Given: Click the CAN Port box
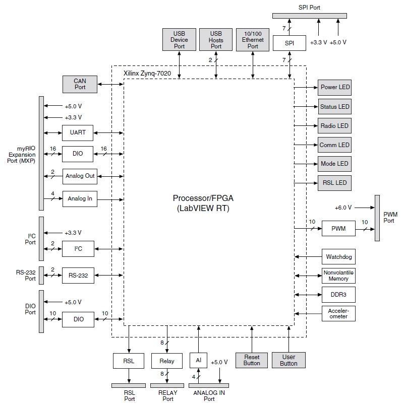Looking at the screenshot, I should point(80,84).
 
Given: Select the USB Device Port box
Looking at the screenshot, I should point(180,39).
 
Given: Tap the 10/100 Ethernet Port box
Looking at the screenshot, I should point(253,39).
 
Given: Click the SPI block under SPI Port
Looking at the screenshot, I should point(290,43).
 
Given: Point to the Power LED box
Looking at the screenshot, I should point(334,87).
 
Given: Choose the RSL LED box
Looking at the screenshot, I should point(334,182).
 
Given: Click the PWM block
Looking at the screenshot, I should point(338,229).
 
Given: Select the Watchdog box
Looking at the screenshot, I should point(338,257).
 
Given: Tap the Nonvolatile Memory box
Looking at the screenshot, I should point(338,276).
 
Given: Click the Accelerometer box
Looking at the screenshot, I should point(338,313).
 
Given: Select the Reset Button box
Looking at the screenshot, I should point(252,360).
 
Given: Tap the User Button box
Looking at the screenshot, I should point(288,360).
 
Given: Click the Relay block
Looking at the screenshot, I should point(166,361).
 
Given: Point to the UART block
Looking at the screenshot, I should point(78,133).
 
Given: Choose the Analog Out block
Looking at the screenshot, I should point(80,176).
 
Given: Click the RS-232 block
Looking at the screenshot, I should point(78,275).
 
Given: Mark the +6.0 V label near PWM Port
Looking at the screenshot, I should point(343,208).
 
